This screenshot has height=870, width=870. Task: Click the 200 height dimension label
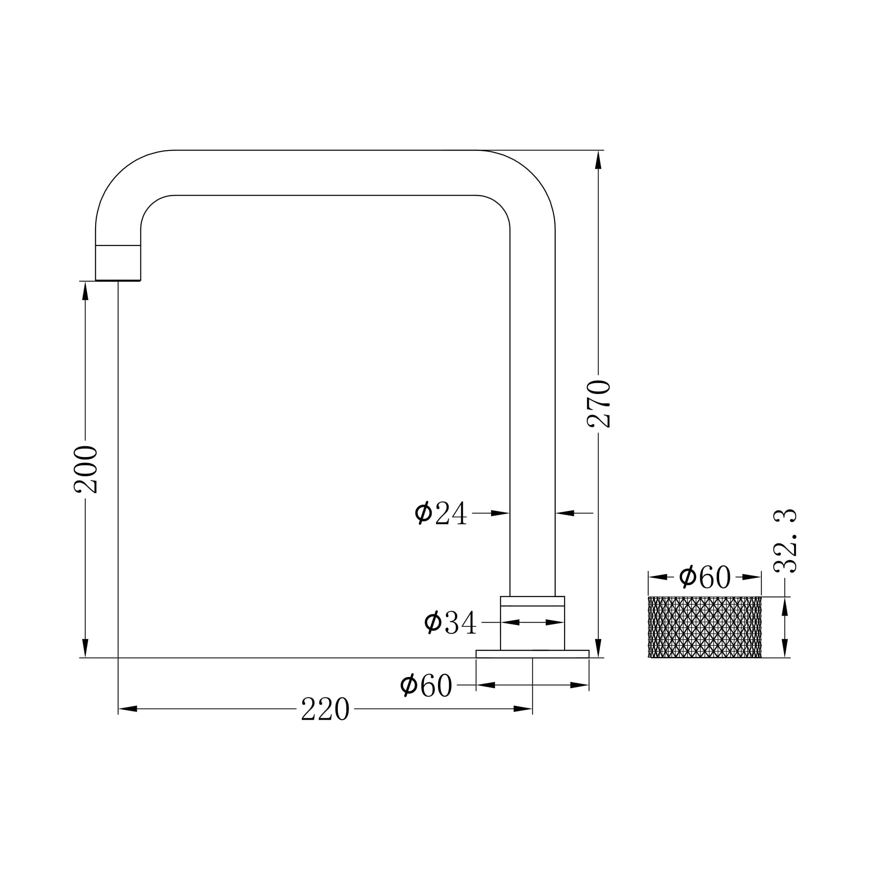86,469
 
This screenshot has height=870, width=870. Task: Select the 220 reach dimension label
325,709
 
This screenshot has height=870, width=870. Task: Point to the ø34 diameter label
450,622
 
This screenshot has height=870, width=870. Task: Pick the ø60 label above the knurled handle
705,577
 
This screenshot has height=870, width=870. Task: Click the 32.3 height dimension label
785,541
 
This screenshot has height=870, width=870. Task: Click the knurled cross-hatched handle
705,627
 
